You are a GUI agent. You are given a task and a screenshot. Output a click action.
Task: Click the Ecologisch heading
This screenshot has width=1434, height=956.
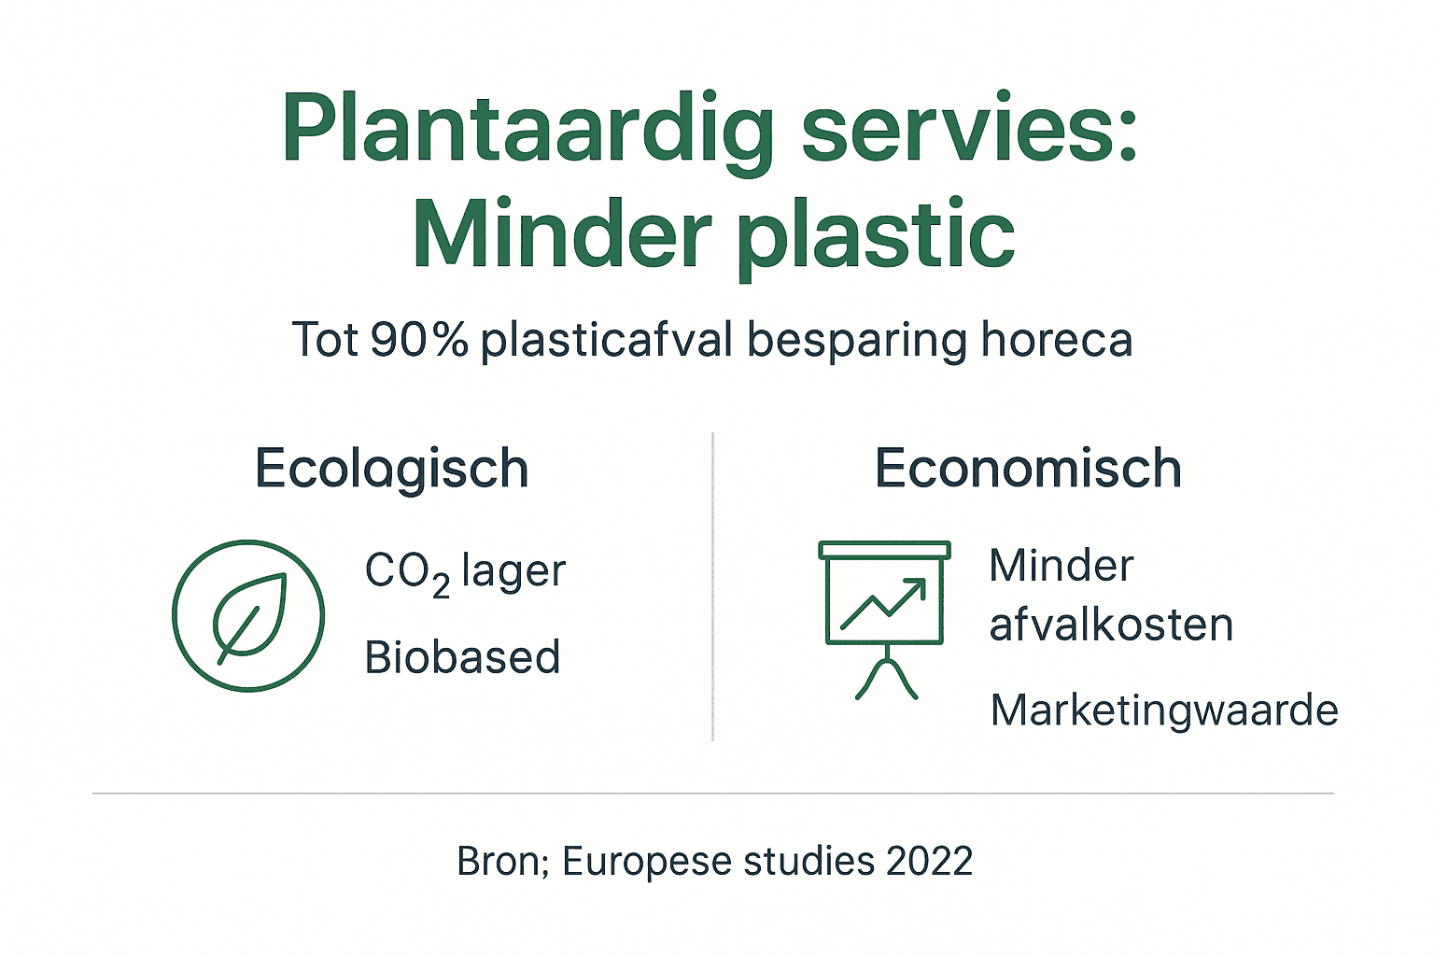[x=392, y=469]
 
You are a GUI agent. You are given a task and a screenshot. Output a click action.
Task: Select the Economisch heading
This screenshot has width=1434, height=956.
[x=1028, y=468]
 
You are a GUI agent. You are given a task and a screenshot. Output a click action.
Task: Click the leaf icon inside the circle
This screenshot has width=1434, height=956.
[x=248, y=615]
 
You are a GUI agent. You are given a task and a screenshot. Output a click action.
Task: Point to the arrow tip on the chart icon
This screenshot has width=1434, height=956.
[x=922, y=583]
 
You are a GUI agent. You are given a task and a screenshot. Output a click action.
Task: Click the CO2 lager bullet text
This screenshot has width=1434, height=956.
[x=465, y=571]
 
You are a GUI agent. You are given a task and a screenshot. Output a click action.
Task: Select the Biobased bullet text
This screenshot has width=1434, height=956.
[x=463, y=657]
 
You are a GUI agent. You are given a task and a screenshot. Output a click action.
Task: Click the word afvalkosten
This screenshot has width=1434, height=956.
[x=1111, y=625]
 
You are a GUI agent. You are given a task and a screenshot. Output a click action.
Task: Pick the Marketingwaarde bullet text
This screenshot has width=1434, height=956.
[x=1164, y=710]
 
